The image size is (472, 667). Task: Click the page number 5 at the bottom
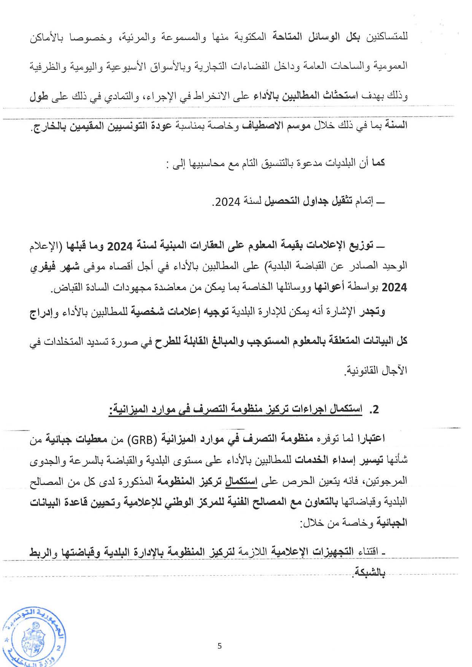click(219, 646)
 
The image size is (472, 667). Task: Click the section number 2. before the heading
click(374, 409)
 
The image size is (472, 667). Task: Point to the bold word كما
click(378, 163)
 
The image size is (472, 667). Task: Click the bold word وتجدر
click(371, 312)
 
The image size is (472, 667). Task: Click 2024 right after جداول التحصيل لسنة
click(227, 202)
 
